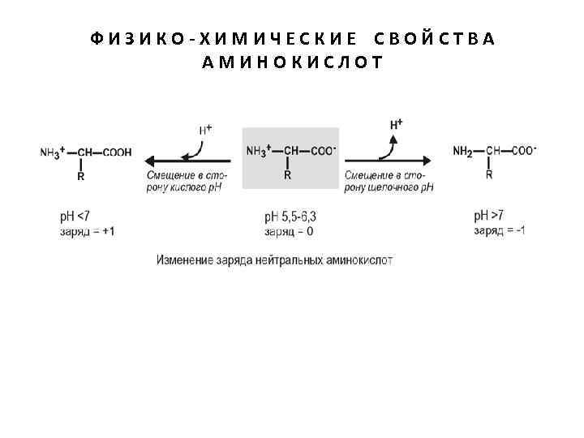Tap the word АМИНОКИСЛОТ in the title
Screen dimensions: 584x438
coord(292,62)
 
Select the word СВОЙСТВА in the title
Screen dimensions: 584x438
coord(435,39)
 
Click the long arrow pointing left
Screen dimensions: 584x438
coord(187,159)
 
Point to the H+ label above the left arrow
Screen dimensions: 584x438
coord(205,129)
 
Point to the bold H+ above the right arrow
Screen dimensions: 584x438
coord(397,124)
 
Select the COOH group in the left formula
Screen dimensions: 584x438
coord(115,152)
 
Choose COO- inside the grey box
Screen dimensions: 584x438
coord(322,150)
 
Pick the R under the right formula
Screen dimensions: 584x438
coord(489,174)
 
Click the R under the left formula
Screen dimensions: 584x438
coord(80,175)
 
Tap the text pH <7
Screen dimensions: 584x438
coord(74,217)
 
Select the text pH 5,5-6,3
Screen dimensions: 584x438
coord(290,217)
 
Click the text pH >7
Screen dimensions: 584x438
coord(488,216)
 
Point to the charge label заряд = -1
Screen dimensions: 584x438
coord(499,231)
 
